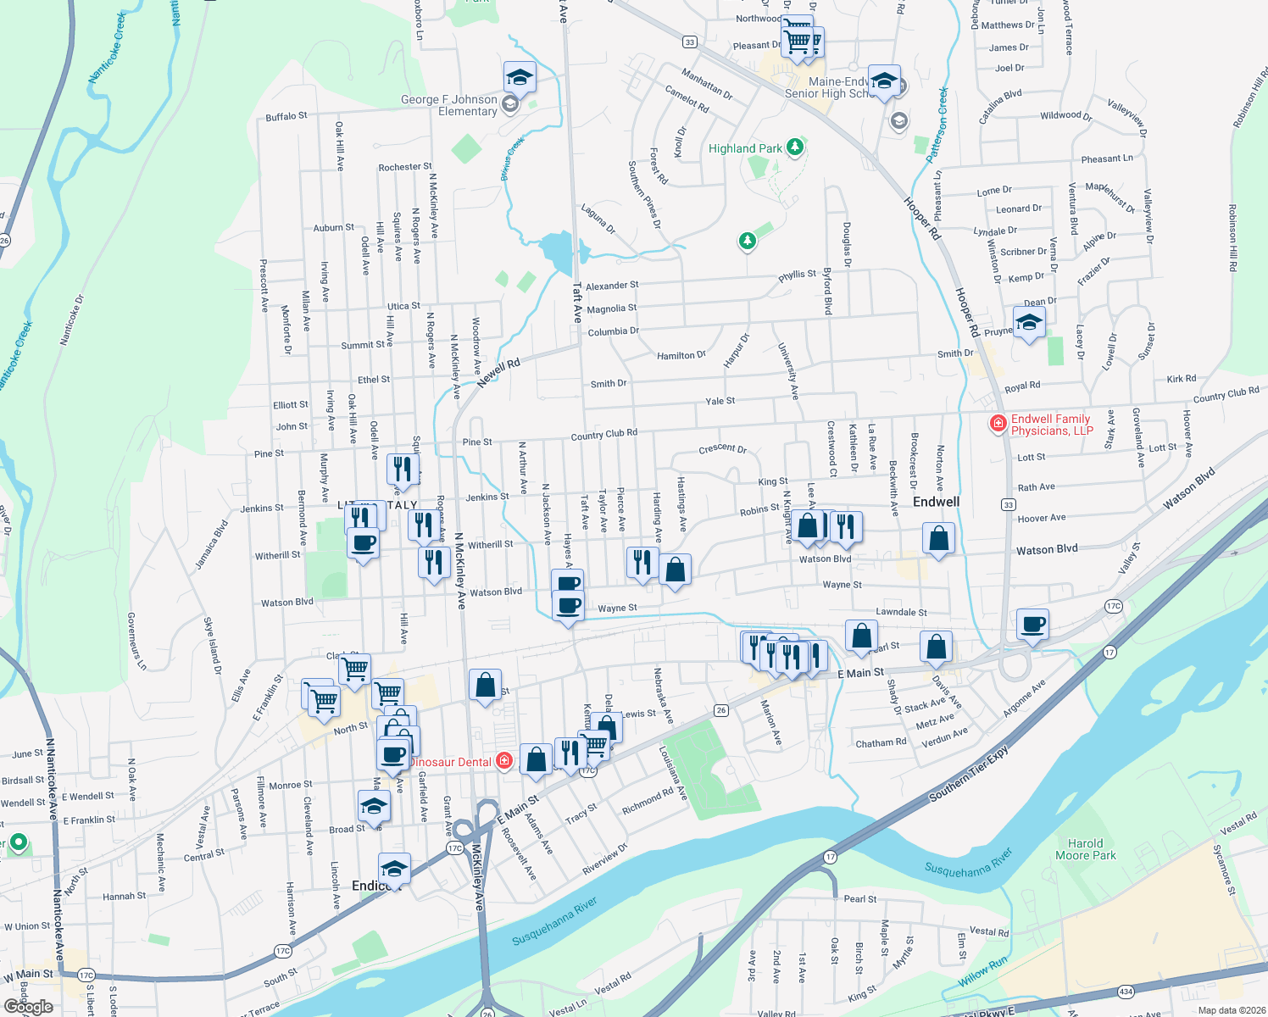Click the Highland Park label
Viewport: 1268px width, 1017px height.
[745, 148]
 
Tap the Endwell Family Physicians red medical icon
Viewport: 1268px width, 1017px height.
[998, 423]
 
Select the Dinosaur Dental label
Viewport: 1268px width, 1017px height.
[450, 762]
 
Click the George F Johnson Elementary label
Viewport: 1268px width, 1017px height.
[449, 105]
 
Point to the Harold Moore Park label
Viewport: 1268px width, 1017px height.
[1085, 849]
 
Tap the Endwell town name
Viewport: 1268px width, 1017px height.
[936, 502]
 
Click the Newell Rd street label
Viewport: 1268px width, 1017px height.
[498, 373]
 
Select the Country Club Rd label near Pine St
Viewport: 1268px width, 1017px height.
[603, 435]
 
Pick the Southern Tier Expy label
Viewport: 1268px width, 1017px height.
[970, 773]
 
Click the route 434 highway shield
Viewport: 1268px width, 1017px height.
[1126, 991]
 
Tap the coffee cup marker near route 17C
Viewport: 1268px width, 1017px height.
[1032, 625]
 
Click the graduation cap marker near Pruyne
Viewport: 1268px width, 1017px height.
[1028, 323]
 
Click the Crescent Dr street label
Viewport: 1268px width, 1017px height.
[722, 449]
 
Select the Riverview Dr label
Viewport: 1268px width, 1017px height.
[605, 859]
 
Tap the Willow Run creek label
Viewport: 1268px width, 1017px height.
[983, 971]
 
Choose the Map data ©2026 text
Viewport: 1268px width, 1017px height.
[1228, 1010]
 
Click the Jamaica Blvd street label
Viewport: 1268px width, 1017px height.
[212, 544]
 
